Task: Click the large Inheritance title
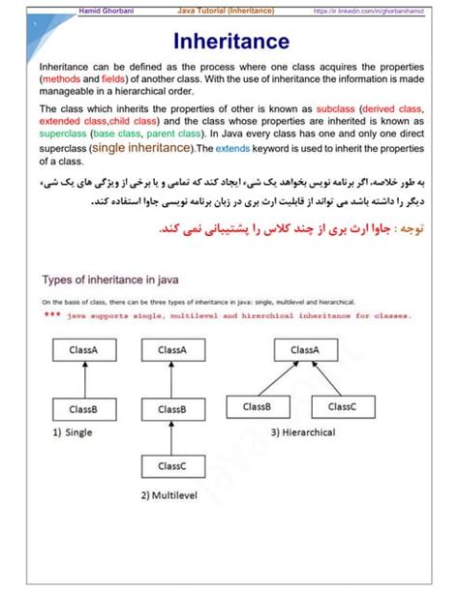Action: point(229,42)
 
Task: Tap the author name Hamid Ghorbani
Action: point(107,10)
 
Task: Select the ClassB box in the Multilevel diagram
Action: point(171,410)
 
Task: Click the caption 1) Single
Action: point(73,432)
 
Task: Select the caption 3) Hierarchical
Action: point(308,431)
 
